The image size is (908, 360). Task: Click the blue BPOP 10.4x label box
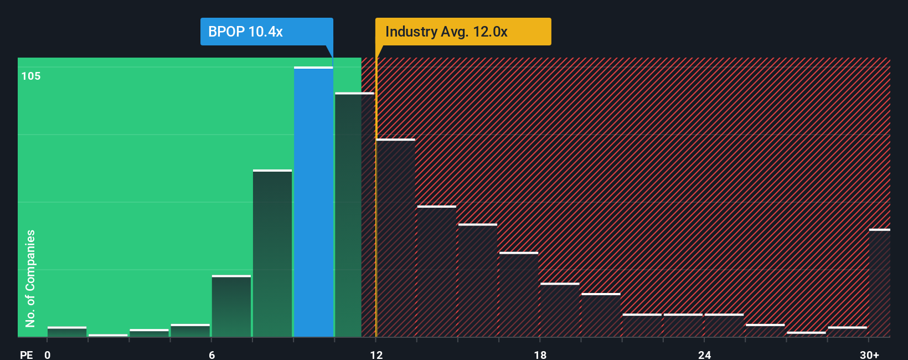(x=266, y=32)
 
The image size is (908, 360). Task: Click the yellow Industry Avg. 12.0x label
(x=463, y=32)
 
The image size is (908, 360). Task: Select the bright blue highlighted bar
(x=313, y=202)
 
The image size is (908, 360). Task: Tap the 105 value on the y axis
(x=31, y=76)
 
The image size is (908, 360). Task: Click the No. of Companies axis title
(x=30, y=278)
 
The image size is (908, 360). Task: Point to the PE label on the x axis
(x=26, y=354)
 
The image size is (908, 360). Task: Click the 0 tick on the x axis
(x=48, y=354)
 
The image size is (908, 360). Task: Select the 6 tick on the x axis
(x=211, y=354)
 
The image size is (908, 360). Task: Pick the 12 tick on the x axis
(x=376, y=354)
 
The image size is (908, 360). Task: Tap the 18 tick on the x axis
(x=540, y=354)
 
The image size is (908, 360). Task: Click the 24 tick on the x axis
(x=704, y=354)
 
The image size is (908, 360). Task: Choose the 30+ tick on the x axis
(x=869, y=354)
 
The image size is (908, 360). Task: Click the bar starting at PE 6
(x=231, y=306)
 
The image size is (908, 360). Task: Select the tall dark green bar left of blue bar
(x=272, y=254)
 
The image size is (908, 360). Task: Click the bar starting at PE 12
(x=396, y=238)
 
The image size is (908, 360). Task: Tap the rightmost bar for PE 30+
(x=879, y=283)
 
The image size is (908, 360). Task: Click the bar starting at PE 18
(x=560, y=310)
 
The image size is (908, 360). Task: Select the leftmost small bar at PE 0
(x=67, y=332)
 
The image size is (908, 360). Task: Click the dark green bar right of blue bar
(x=348, y=215)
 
